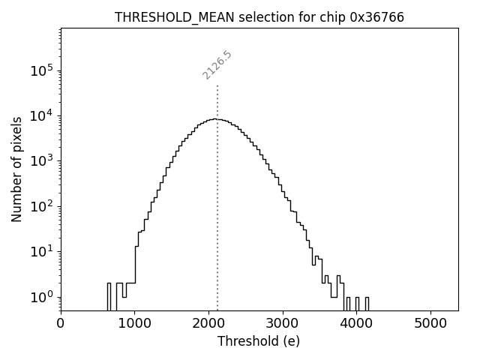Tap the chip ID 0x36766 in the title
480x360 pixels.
point(376,17)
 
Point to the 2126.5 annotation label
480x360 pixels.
point(217,65)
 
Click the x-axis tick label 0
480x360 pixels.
point(61,324)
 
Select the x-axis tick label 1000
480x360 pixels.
point(134,324)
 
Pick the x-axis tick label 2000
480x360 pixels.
point(208,324)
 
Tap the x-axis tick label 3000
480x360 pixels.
point(283,324)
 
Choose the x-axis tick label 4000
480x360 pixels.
point(356,324)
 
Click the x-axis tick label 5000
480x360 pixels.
point(430,324)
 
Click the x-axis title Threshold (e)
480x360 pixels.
point(259,341)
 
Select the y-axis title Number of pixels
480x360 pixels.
point(16,169)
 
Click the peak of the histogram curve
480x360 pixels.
point(216,118)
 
